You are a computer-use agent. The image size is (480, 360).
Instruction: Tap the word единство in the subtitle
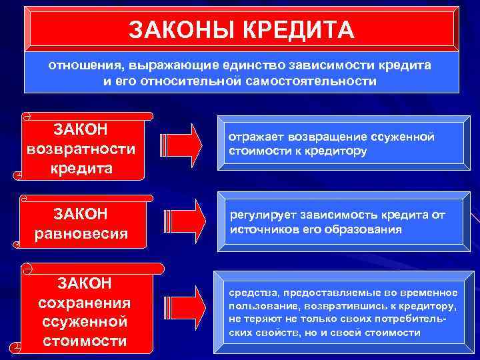coord(240,67)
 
